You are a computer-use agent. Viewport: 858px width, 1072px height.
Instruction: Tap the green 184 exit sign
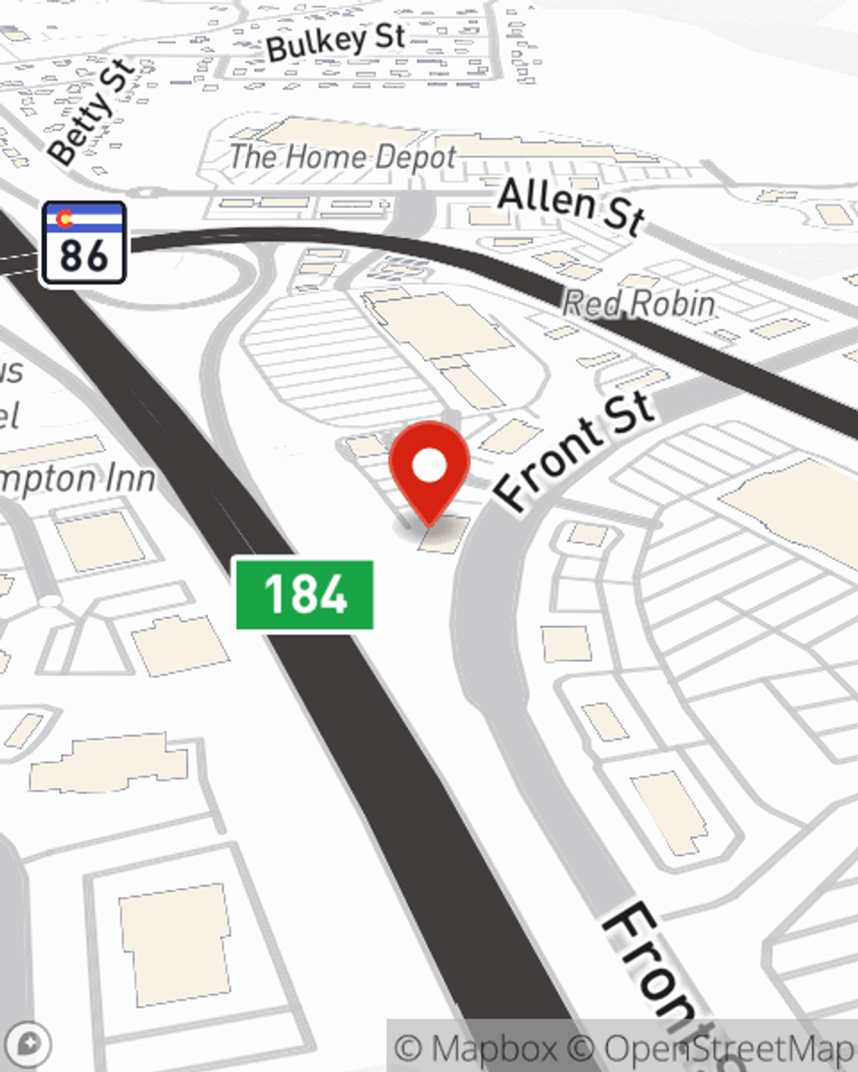305,594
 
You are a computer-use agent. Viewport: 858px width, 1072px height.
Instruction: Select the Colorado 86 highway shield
84,243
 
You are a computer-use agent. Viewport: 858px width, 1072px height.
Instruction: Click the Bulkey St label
335,42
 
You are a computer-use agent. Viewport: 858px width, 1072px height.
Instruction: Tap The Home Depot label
342,157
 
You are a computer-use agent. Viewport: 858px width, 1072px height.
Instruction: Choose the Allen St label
571,205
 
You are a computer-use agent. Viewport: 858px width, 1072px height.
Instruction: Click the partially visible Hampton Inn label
77,479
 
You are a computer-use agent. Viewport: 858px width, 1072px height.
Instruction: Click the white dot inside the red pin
430,466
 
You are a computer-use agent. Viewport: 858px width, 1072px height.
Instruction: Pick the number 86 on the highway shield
84,255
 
